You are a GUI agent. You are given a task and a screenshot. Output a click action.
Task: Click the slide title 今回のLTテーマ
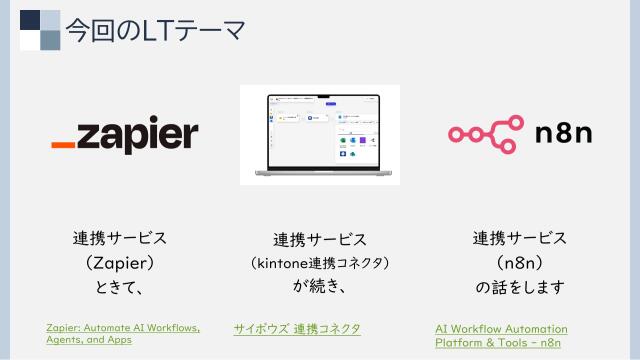coord(155,30)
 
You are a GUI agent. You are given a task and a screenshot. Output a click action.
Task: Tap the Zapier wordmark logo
coord(125,136)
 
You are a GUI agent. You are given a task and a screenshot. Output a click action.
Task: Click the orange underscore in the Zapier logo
coord(63,147)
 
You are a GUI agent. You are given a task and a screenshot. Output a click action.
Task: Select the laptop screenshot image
coord(319,134)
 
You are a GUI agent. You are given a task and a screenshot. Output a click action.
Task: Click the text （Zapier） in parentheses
coord(120,264)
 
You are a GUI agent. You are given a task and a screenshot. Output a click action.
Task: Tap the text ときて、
coord(120,288)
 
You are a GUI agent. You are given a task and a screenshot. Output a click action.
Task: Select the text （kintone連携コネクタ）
coord(319,264)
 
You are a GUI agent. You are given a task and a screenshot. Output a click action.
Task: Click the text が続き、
coord(319,288)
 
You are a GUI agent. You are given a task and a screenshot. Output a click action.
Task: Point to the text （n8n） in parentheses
coord(519,264)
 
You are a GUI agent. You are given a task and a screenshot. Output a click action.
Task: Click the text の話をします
coord(519,288)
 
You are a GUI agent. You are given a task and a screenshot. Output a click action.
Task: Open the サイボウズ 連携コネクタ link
coord(297,328)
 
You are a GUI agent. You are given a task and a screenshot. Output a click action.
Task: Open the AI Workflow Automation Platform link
coord(501,335)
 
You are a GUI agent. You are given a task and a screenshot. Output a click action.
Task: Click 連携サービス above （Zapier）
coord(120,240)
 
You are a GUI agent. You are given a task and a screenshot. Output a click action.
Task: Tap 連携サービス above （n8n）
coord(519,239)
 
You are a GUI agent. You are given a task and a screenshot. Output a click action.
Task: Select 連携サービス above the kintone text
coord(319,240)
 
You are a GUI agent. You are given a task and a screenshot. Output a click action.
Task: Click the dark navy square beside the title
coord(31,20)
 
